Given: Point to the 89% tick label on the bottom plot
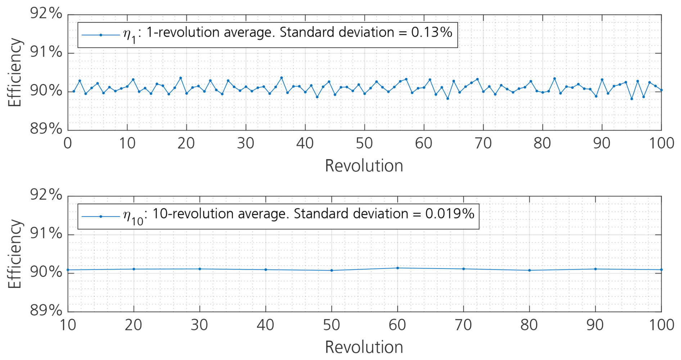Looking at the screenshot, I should tap(46, 310).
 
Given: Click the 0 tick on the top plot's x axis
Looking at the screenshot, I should tap(68, 144).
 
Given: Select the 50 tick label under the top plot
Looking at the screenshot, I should tap(364, 144).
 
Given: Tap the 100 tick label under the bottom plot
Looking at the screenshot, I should tap(662, 325).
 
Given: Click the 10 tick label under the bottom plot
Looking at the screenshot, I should tap(68, 325).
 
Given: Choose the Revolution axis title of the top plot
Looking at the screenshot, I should tap(364, 166).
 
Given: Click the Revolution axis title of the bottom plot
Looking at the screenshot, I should tap(364, 347).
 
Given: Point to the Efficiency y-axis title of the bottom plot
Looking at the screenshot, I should tap(15, 254).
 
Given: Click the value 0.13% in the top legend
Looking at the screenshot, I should tap(432, 33).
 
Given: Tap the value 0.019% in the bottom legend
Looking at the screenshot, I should tap(450, 214).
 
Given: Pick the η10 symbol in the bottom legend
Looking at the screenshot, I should tap(133, 217).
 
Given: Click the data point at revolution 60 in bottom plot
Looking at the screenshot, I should tap(397, 268).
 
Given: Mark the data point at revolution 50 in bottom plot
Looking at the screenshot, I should tap(332, 270).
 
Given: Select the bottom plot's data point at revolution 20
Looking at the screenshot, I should tap(134, 269).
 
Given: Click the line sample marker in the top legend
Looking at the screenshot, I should tap(101, 35).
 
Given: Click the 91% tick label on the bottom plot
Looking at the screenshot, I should tap(46, 234).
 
